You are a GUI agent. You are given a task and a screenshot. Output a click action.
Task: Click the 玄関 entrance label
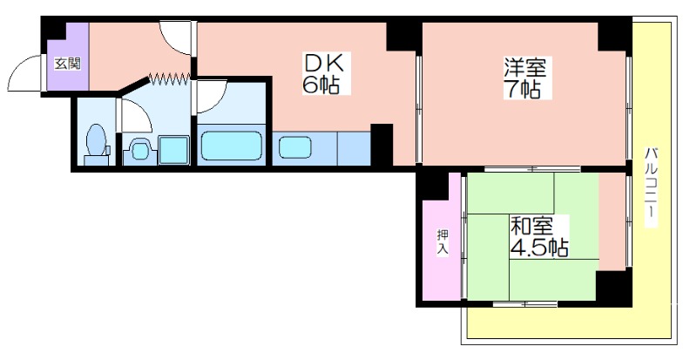click(68, 64)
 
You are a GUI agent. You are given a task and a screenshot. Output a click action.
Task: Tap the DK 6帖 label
click(323, 73)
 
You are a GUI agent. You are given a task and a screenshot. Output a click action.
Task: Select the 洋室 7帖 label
click(524, 78)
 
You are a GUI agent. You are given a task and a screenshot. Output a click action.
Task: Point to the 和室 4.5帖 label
click(538, 236)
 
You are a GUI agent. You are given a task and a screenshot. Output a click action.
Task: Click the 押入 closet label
click(443, 242)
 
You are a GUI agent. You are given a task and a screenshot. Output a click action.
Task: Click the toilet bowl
click(96, 139)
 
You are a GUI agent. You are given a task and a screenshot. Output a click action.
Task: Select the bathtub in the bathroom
click(231, 145)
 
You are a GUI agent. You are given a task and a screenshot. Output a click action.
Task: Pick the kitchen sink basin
click(295, 146)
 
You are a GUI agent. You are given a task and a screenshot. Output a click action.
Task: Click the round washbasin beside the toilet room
click(139, 150)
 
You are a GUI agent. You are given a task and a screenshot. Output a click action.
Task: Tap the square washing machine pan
click(173, 150)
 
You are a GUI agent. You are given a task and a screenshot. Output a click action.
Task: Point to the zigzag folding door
click(169, 78)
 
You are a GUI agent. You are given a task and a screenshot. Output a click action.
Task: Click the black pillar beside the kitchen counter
click(382, 145)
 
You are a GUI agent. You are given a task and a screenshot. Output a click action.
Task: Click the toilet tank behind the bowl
click(96, 160)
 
